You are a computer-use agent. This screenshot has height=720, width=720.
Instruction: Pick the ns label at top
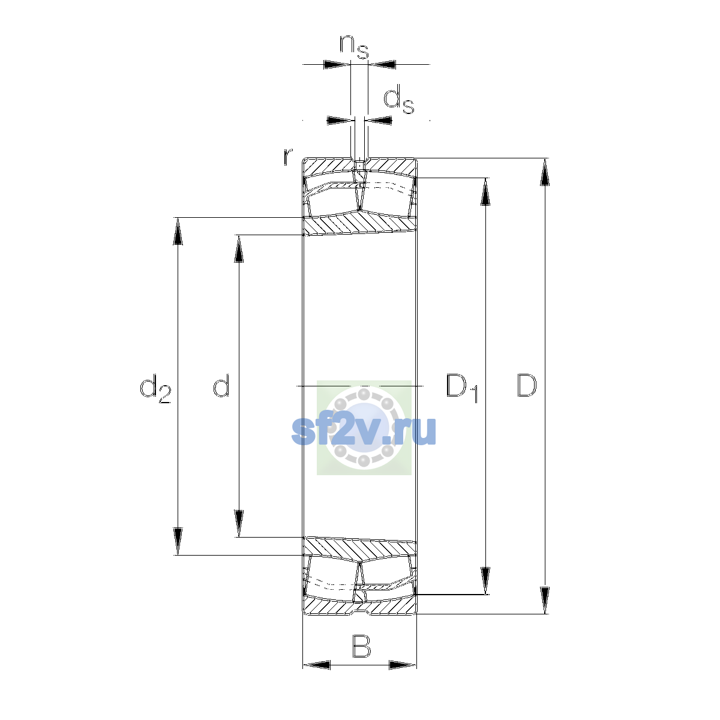point(354,47)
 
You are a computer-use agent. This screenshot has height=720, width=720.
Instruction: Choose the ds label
point(398,99)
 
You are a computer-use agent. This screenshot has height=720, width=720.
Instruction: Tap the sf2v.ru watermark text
point(364,431)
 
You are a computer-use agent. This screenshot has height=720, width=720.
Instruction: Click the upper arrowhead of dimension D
point(545,172)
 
